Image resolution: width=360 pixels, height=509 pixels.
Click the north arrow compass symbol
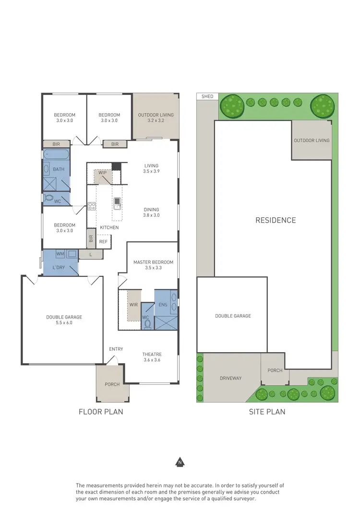click(x=180, y=462)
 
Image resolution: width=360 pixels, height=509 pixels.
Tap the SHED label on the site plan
click(x=207, y=96)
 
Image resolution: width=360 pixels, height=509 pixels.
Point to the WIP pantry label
click(x=103, y=173)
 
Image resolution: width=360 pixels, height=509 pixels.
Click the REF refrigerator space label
click(x=104, y=242)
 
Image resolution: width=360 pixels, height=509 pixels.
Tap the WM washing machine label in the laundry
click(x=60, y=253)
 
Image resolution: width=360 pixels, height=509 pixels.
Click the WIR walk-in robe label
click(x=133, y=304)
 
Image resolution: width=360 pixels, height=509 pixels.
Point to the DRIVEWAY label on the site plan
click(x=231, y=378)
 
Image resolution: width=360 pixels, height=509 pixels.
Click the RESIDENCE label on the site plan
click(x=276, y=220)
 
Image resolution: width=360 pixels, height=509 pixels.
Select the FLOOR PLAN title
click(x=101, y=412)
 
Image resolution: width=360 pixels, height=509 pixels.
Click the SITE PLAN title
click(x=267, y=412)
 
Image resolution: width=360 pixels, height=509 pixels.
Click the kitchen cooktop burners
click(x=92, y=207)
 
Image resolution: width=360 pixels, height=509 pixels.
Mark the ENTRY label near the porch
click(x=116, y=349)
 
